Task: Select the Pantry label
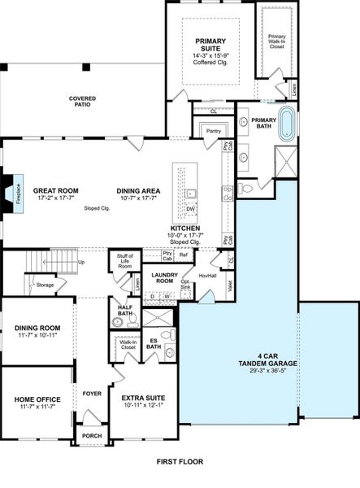click(214, 130)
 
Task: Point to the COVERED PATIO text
click(81, 102)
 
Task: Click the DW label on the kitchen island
click(189, 208)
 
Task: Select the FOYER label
click(92, 394)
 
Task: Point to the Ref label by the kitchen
click(184, 255)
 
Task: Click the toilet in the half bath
click(118, 322)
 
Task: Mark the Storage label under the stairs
click(46, 285)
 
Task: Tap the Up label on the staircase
click(80, 263)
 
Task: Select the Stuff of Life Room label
click(125, 260)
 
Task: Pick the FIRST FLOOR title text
click(180, 461)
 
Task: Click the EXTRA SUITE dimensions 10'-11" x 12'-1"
click(144, 406)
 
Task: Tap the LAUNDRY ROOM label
click(164, 278)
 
